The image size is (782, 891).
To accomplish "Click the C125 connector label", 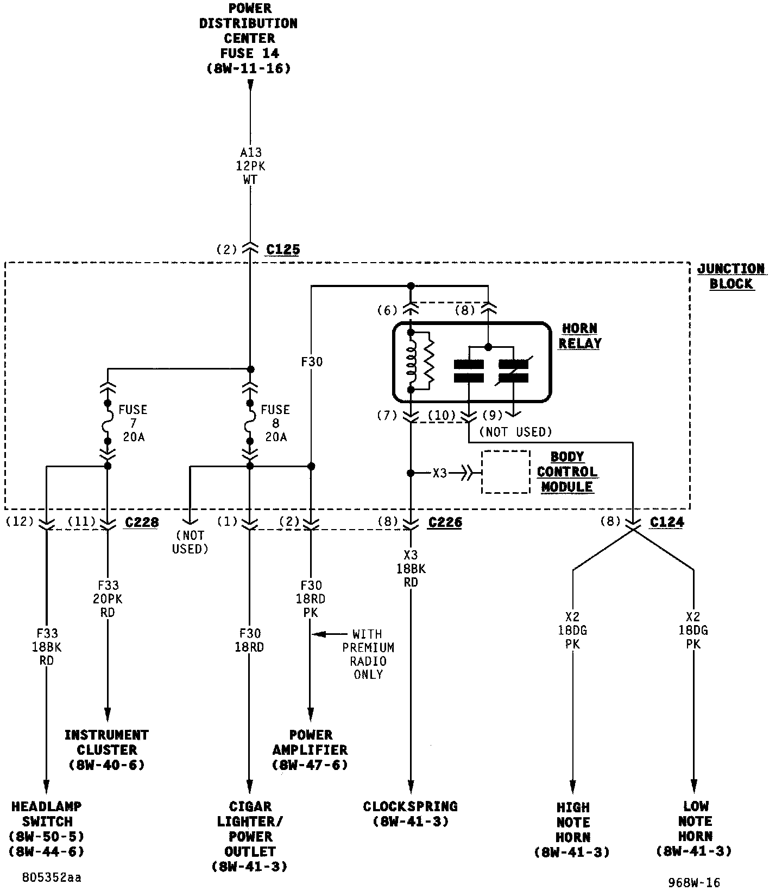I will pos(283,250).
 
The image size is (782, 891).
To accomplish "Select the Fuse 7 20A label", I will pos(133,423).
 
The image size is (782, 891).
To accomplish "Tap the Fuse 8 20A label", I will pos(275,423).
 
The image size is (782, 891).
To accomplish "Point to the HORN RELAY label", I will pos(580,336).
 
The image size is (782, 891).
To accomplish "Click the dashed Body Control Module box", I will pos(506,472).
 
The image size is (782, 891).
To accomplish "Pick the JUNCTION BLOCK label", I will pos(731,276).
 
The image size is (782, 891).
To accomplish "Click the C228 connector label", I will pos(142,522).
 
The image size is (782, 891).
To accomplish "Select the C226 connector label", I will pos(445,522).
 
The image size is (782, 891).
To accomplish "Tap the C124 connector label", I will pos(667,522).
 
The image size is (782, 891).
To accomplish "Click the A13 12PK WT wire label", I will pos(250,166).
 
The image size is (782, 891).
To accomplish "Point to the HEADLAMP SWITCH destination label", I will pos(47,829).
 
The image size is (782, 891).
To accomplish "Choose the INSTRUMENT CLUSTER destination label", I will pos(106,750).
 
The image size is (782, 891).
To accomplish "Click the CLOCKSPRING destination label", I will pos(411,813).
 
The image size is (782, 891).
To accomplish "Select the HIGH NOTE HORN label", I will pos(573,830).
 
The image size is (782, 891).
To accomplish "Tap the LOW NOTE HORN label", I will pos(695,829).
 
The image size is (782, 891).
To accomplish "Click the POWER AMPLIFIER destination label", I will pos(310,750).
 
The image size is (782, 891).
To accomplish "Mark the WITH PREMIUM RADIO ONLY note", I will pos(368,654).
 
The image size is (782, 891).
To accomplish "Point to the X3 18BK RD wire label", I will pos(411,569).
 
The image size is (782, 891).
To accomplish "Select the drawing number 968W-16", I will pos(694,883).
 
